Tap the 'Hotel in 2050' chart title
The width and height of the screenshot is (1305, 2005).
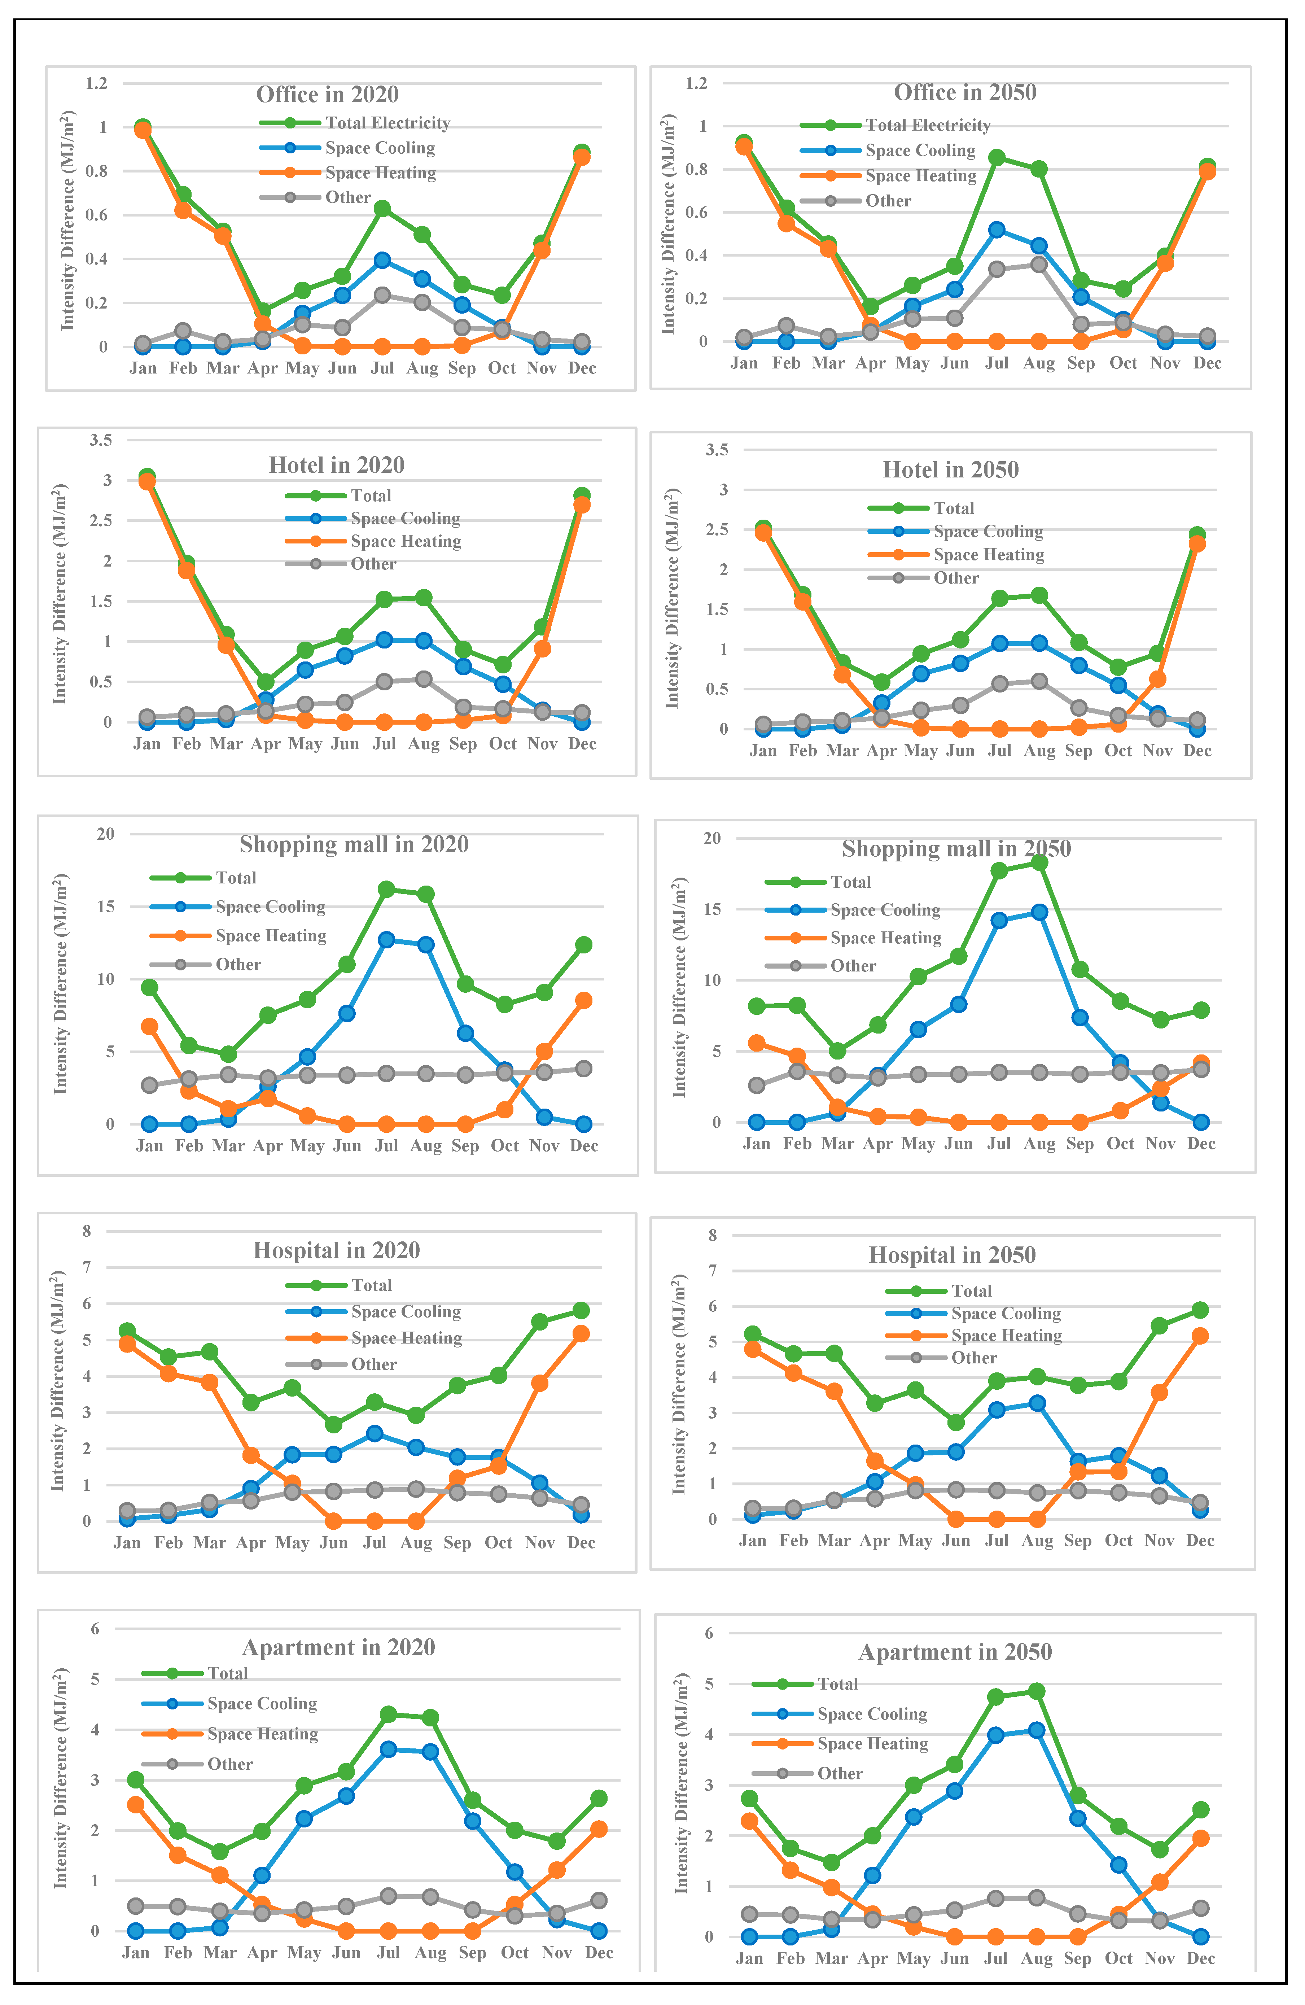click(x=950, y=470)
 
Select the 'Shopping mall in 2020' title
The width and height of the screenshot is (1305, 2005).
click(x=354, y=844)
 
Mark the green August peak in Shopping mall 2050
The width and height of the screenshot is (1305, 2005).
click(x=1039, y=862)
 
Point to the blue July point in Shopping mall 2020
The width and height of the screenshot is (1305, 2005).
click(x=386, y=939)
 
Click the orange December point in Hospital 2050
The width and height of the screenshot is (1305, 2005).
click(x=1200, y=1336)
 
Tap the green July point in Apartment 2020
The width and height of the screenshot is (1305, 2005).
click(x=388, y=1714)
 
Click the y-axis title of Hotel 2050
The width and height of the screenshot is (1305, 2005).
click(x=672, y=598)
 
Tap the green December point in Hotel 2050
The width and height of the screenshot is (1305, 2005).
click(x=1196, y=535)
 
